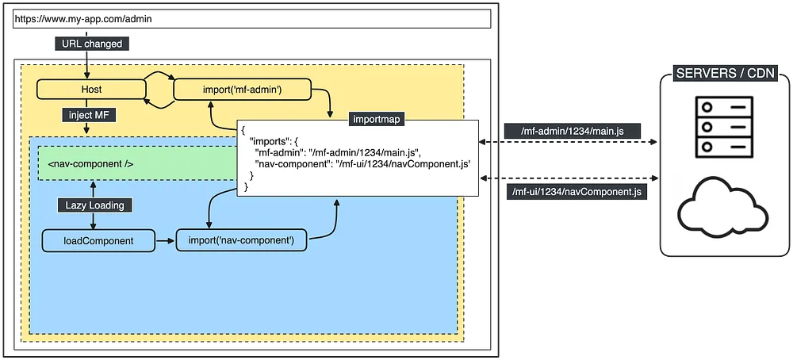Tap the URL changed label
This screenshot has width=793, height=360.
(x=92, y=44)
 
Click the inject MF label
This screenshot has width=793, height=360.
(x=89, y=116)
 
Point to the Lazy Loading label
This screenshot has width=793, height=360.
(x=95, y=205)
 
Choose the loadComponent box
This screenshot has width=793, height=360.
(x=98, y=239)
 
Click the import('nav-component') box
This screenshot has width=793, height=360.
(x=241, y=239)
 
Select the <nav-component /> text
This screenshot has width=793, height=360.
(x=90, y=165)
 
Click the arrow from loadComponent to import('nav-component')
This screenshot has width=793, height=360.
(x=165, y=239)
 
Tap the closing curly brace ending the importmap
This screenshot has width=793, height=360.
(x=247, y=186)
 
